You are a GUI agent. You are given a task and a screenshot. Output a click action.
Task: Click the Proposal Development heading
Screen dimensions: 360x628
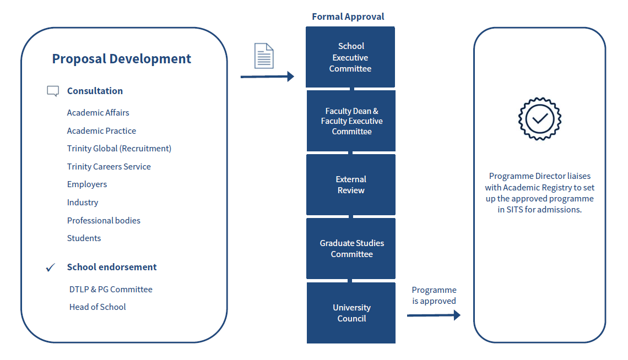tap(122, 59)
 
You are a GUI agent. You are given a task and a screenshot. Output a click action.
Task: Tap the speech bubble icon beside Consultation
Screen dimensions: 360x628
tap(53, 91)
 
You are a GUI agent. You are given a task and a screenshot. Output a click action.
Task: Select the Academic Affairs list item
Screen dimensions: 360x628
tap(98, 113)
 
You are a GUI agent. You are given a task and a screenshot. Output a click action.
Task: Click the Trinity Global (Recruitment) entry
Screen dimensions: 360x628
tap(119, 149)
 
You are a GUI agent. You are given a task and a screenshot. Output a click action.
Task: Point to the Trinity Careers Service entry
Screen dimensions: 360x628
tap(109, 167)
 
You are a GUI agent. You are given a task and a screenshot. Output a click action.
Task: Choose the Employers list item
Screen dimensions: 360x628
tap(87, 184)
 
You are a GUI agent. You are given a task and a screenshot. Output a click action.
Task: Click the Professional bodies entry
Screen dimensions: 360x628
tap(104, 221)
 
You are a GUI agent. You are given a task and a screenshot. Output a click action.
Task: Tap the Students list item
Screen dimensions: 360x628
tap(84, 238)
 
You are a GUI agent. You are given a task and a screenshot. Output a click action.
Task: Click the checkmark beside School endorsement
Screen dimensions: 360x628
tap(51, 268)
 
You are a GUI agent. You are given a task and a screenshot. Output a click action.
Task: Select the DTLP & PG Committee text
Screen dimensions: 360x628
tap(111, 290)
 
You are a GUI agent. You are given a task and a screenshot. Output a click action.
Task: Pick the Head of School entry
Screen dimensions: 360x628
tap(98, 307)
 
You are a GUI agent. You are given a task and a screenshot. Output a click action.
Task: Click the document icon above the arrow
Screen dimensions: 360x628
tap(264, 56)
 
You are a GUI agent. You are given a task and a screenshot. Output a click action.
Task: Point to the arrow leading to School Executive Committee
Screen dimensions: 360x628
tap(268, 77)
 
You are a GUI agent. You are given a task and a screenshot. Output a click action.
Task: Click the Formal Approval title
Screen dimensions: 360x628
tap(348, 17)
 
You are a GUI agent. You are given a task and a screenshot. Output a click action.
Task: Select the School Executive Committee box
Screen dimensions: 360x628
tap(350, 57)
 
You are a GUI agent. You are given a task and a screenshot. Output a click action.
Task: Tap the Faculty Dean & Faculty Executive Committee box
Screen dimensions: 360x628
tap(351, 121)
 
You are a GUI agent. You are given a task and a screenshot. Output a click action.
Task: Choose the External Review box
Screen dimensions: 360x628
tap(351, 185)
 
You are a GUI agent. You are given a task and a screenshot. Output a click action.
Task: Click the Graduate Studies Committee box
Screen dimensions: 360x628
tap(351, 249)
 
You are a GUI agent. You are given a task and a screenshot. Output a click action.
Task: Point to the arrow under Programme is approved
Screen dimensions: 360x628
tap(434, 315)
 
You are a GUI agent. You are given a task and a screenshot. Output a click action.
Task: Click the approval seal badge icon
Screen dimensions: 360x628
tap(539, 118)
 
